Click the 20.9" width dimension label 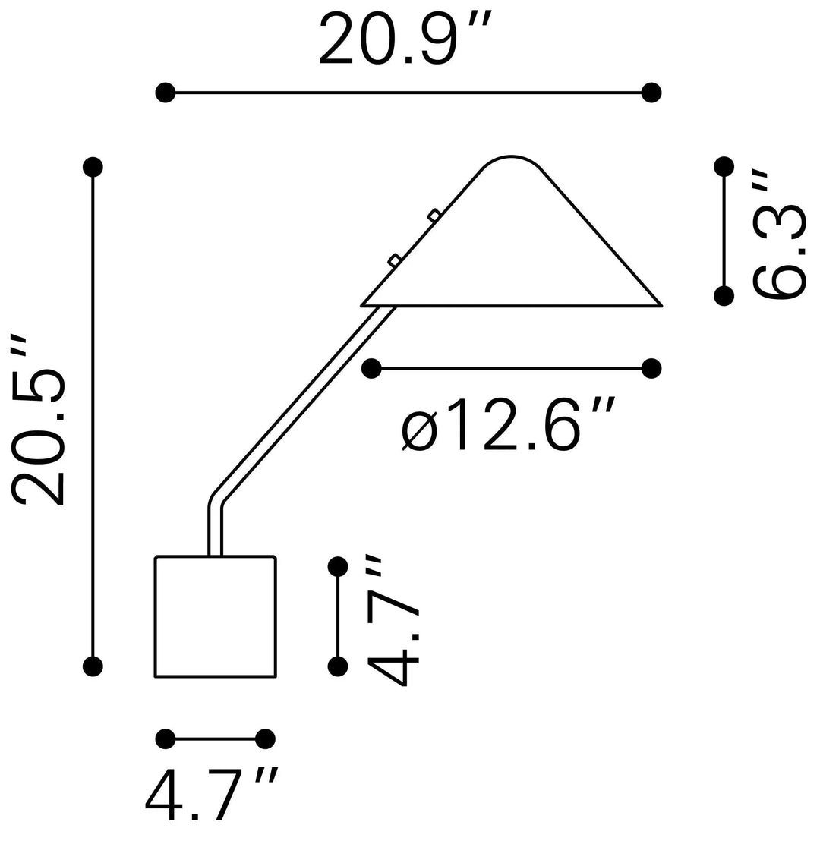405,39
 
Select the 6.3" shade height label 778,235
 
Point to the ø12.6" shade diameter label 507,424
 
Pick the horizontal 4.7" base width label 211,795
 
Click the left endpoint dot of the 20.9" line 166,93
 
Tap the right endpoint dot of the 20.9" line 651,93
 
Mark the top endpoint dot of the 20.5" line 93,167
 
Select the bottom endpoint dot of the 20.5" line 93,666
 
